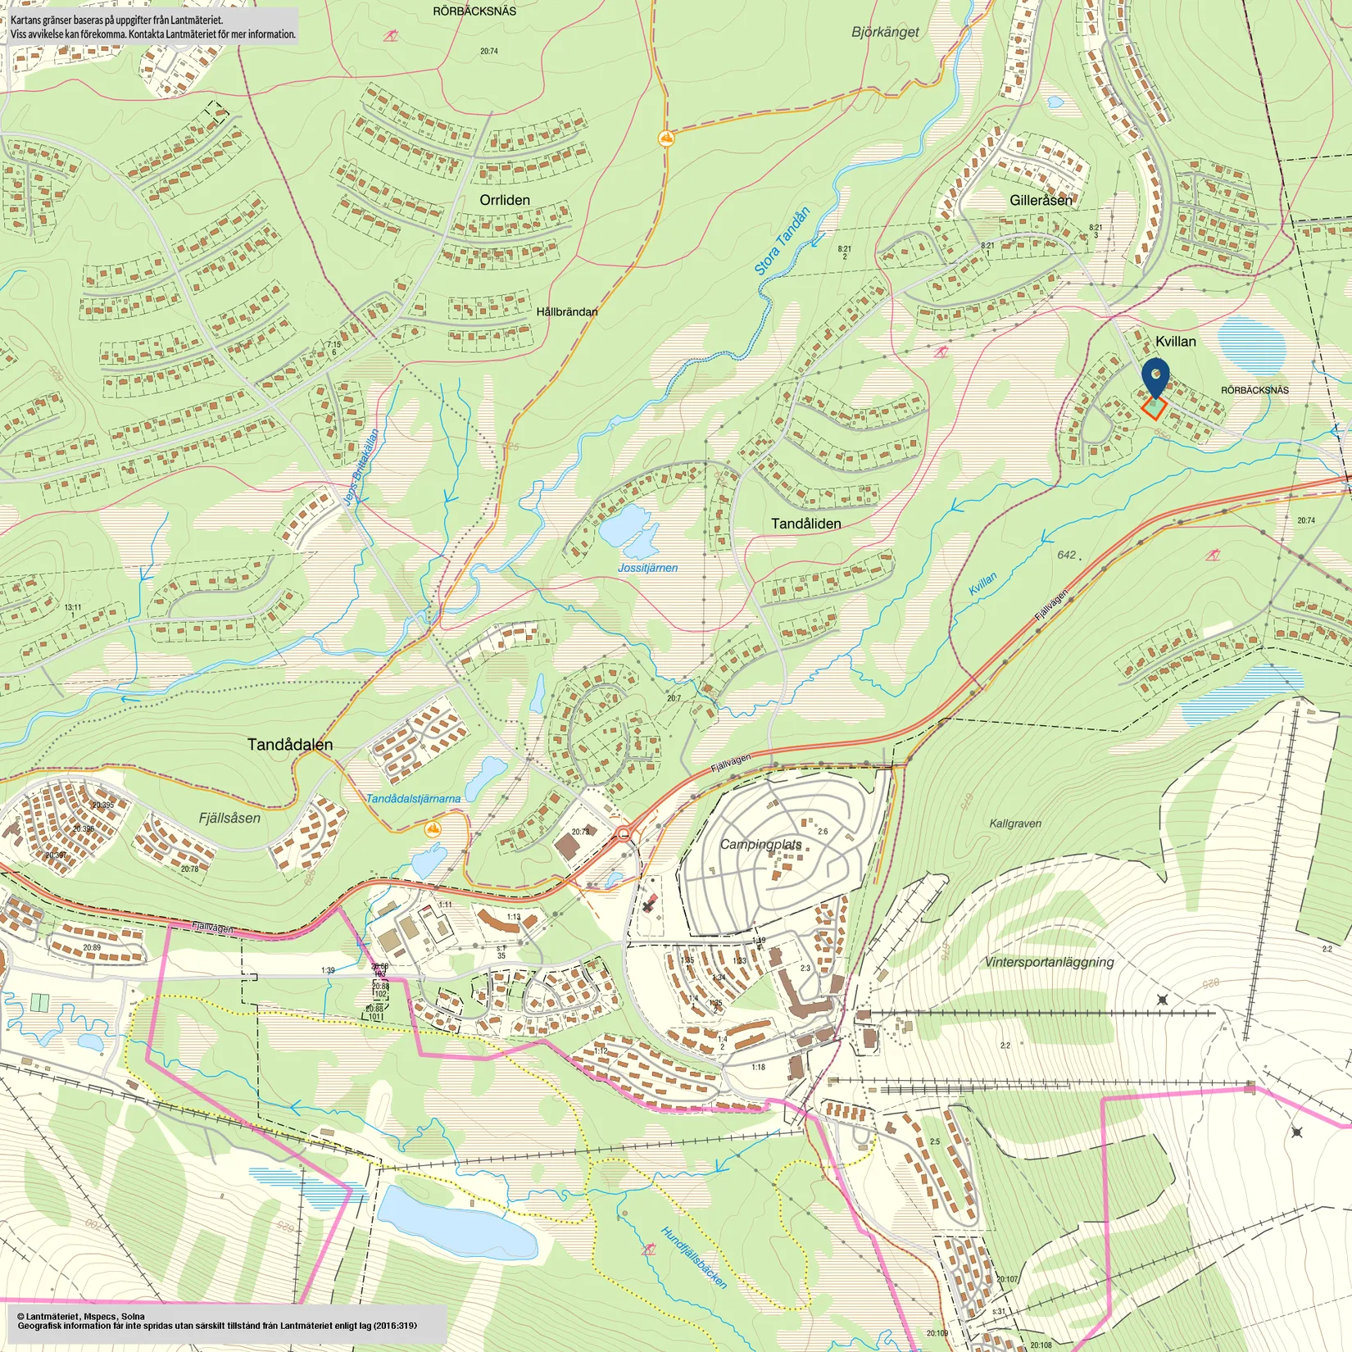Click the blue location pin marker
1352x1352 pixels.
point(1155,374)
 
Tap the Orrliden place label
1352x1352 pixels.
point(505,200)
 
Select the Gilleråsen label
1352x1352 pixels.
point(1041,200)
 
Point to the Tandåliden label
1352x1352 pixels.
point(805,524)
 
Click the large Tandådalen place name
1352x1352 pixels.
point(290,744)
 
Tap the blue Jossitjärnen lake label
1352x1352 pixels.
point(647,567)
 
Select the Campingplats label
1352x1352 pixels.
point(761,844)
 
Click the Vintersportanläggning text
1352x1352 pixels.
point(1049,962)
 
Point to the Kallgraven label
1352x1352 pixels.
point(1015,823)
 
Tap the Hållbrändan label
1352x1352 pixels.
point(567,311)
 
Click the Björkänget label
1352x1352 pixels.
point(885,32)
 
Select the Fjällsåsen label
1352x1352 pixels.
point(229,818)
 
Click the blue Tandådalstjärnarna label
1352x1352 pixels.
point(413,798)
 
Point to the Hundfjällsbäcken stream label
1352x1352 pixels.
point(694,1258)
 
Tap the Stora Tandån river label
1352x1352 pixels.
point(782,241)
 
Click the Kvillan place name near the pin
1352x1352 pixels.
point(1175,341)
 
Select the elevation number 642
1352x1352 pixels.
point(1066,555)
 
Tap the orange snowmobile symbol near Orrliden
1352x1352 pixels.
point(666,138)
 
